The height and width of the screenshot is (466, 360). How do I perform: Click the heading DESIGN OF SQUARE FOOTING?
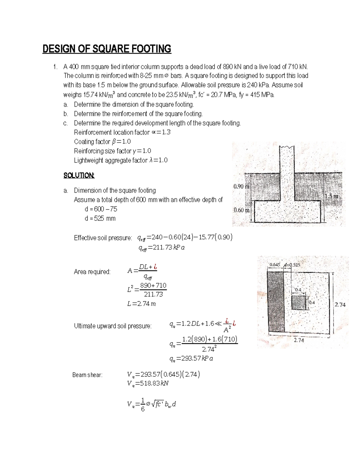point(107,49)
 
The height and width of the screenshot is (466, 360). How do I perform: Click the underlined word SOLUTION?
point(79,176)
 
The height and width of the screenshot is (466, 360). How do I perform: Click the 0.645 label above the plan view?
point(275,265)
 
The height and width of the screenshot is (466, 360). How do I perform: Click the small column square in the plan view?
point(299,303)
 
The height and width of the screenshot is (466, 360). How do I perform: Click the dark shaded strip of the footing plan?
point(276,302)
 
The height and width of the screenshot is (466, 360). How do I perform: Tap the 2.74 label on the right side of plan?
point(340,305)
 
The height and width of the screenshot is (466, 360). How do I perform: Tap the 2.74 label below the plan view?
point(299,340)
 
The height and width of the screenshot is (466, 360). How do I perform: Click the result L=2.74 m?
point(142,304)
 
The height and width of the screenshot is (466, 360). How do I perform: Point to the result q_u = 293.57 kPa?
point(191,358)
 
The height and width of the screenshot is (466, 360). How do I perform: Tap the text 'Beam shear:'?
point(87,375)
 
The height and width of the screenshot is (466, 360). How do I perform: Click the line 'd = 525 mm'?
point(100,218)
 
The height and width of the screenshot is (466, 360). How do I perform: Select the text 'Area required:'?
point(92,272)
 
